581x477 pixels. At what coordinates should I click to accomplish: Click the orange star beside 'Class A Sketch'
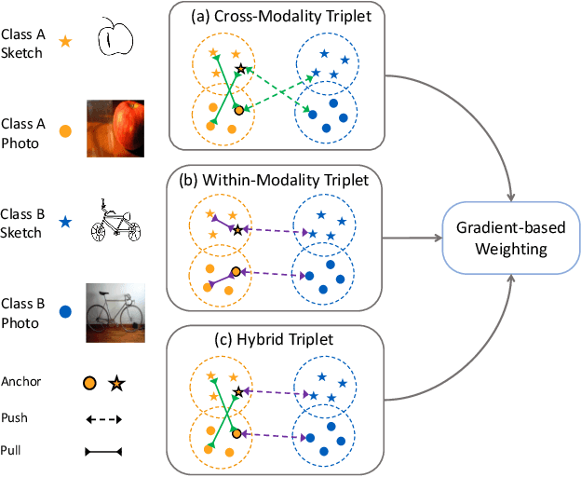[65, 42]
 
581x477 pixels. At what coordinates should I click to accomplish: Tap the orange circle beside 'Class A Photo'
[65, 132]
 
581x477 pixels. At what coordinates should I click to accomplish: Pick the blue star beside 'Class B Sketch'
[65, 224]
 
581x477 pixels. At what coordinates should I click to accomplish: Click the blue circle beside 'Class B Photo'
[65, 314]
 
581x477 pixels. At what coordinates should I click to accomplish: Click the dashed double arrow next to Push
[103, 419]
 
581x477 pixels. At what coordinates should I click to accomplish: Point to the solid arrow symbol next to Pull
[103, 452]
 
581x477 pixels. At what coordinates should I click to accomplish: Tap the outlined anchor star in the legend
[116, 382]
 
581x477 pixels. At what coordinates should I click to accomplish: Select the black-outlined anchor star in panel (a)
[241, 68]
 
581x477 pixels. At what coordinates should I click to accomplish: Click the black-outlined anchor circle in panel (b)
[236, 272]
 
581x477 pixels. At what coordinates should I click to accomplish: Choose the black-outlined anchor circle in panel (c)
[236, 433]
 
